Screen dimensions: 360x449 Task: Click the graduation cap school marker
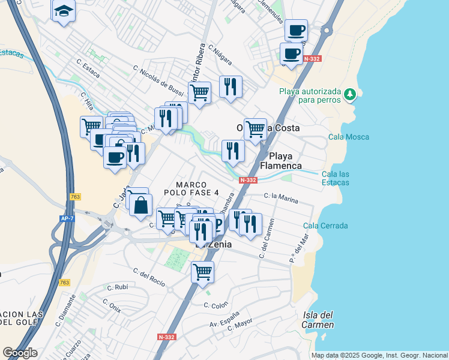63,11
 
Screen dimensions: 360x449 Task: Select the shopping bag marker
140,205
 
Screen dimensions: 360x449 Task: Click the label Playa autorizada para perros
310,95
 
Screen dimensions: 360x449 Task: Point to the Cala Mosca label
349,137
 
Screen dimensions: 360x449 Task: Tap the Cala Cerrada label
325,226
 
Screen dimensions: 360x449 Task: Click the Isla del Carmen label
318,320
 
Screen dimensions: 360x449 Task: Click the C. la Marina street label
281,198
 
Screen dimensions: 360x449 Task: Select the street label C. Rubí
118,287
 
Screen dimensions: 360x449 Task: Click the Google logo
20,353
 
